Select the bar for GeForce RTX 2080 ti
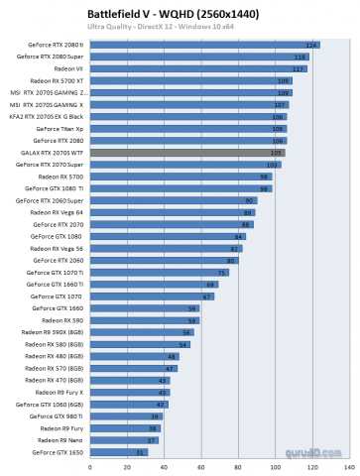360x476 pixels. point(203,46)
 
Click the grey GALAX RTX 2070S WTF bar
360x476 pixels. point(193,153)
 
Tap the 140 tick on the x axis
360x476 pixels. point(346,465)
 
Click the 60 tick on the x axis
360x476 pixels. point(200,465)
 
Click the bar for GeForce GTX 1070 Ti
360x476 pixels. point(158,272)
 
